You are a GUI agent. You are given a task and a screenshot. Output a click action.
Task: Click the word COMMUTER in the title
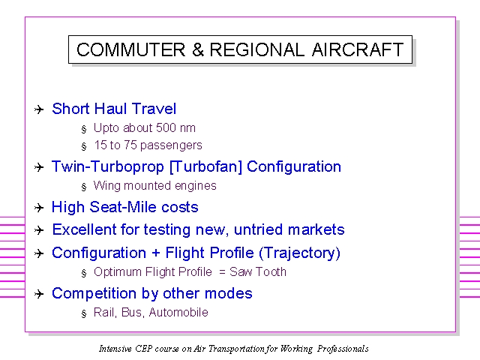pyautogui.click(x=131, y=49)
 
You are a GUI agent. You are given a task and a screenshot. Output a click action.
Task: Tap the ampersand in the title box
pyautogui.click(x=198, y=49)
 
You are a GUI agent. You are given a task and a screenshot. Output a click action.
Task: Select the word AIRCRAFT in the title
pyautogui.click(x=358, y=49)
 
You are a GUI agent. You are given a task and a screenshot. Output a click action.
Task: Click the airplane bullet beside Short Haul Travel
pyautogui.click(x=39, y=109)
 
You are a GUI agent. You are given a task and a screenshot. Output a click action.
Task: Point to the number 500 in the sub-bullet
pyautogui.click(x=166, y=127)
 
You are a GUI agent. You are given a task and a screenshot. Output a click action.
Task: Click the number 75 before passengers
pyautogui.click(x=130, y=145)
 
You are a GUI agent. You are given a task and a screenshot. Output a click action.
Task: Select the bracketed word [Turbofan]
pyautogui.click(x=205, y=166)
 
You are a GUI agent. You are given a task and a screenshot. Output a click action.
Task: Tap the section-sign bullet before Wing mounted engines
pyautogui.click(x=84, y=187)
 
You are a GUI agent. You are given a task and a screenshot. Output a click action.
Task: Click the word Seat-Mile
pyautogui.click(x=123, y=207)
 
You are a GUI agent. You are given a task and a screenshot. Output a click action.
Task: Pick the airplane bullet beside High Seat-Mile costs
pyautogui.click(x=39, y=208)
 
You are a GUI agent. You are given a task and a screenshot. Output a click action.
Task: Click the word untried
pyautogui.click(x=258, y=229)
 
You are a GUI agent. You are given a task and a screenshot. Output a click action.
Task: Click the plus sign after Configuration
pyautogui.click(x=155, y=253)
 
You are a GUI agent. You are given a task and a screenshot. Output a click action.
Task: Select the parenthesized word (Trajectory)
pyautogui.click(x=299, y=253)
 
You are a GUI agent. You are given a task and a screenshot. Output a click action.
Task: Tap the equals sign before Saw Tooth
pyautogui.click(x=223, y=271)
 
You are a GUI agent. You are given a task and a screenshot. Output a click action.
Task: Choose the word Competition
pyautogui.click(x=94, y=294)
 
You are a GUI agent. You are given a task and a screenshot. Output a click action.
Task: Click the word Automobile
pyautogui.click(x=178, y=312)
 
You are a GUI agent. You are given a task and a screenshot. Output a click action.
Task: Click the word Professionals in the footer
pyautogui.click(x=343, y=349)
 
